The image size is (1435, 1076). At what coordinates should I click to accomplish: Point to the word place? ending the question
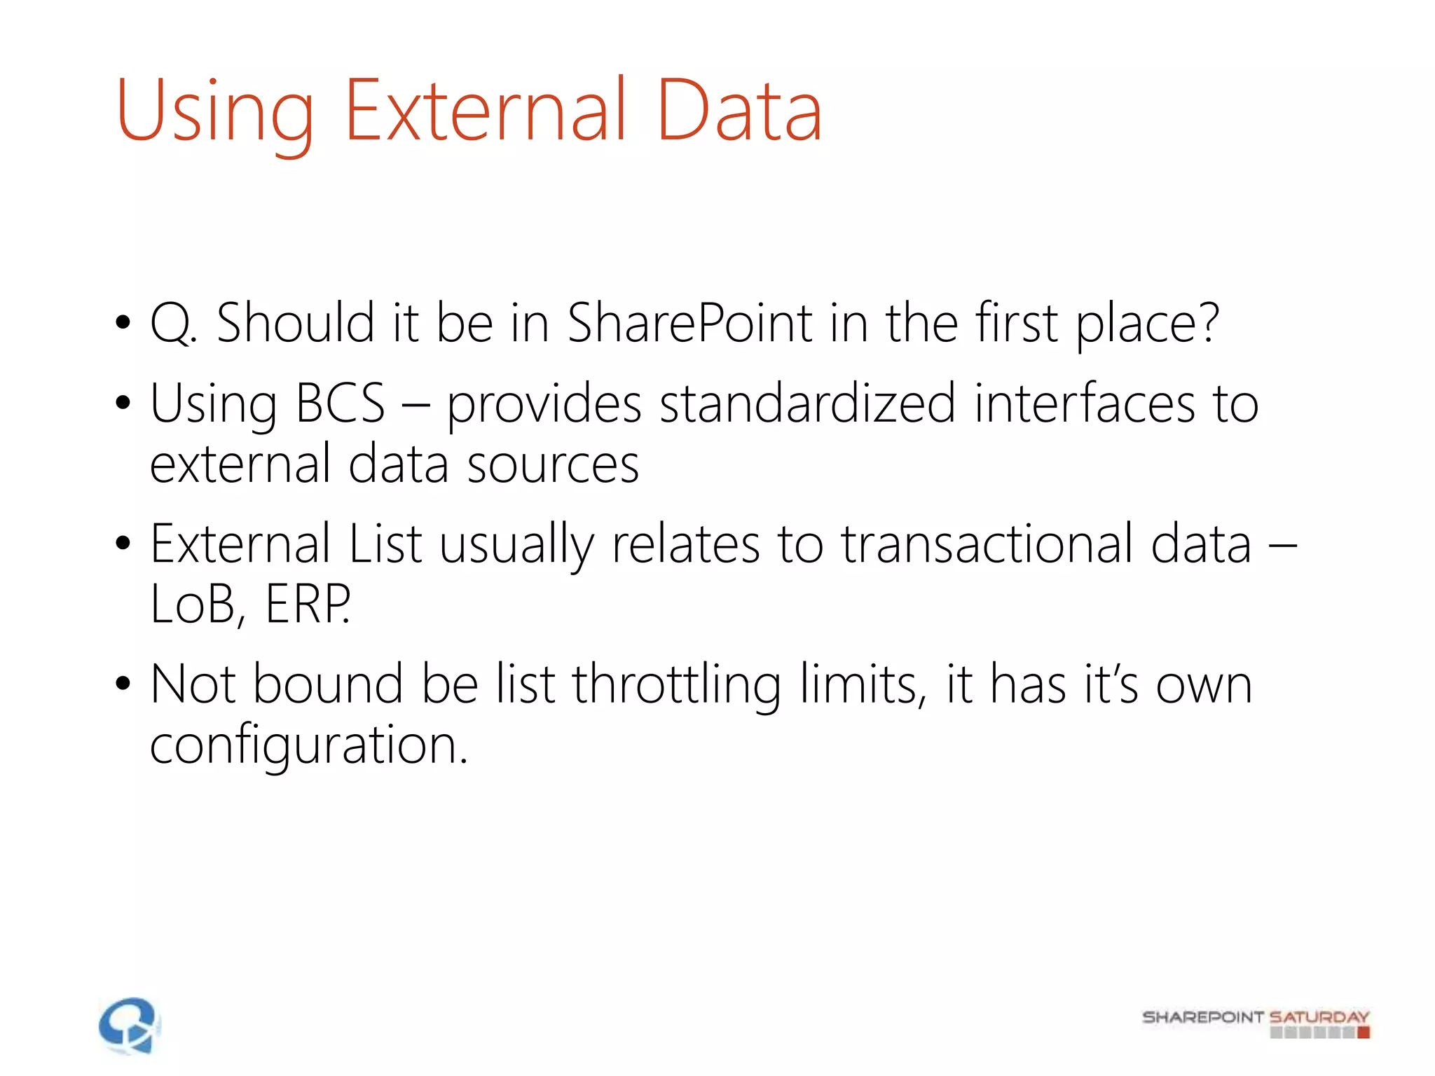click(1147, 324)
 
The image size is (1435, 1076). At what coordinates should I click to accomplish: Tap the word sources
click(553, 464)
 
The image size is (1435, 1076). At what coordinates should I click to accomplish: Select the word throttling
click(676, 685)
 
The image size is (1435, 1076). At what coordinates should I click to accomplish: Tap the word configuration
click(308, 745)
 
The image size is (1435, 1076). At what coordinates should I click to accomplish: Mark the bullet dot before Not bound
click(123, 684)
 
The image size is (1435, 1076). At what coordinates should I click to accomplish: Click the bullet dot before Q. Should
click(123, 323)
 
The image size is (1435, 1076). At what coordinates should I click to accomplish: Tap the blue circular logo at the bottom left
click(129, 1026)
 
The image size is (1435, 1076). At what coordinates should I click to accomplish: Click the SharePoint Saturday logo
click(1256, 1022)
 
